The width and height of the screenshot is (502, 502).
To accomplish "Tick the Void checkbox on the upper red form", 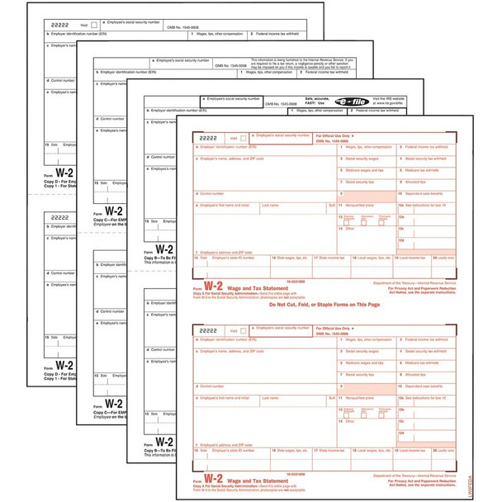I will (x=244, y=138).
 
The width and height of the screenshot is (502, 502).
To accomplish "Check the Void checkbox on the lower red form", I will (x=244, y=329).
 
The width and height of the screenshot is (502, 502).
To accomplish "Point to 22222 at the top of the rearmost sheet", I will (x=59, y=25).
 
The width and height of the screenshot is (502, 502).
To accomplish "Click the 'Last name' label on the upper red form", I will (x=270, y=205).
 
